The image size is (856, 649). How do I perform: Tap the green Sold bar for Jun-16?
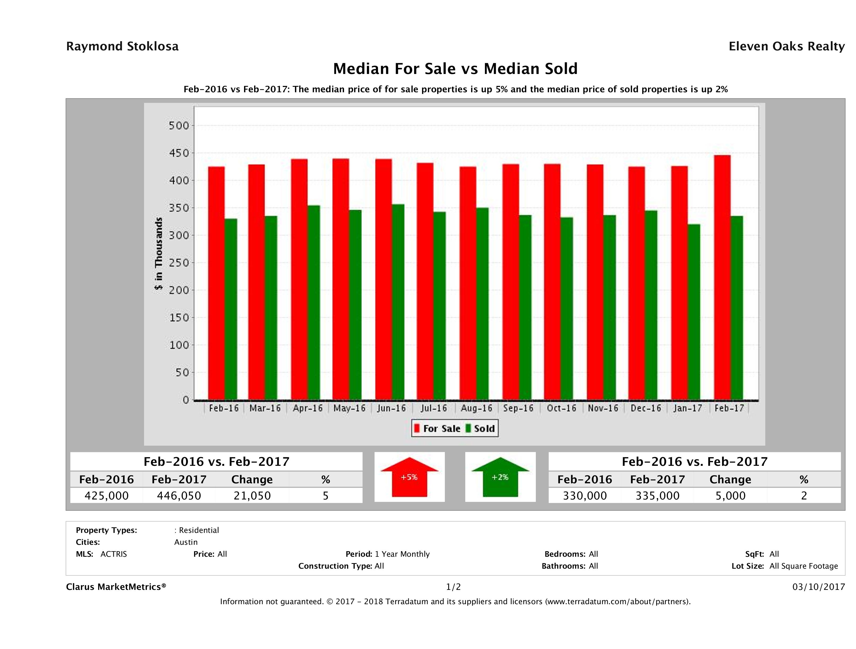[x=398, y=302]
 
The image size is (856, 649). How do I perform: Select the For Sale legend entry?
[x=437, y=428]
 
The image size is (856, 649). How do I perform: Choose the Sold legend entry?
[x=481, y=428]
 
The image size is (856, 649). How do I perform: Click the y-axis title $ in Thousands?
[x=159, y=253]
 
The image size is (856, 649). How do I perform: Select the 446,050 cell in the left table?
[x=179, y=496]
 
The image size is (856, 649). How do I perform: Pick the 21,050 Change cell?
[x=252, y=496]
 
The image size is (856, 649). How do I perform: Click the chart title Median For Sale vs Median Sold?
[x=455, y=69]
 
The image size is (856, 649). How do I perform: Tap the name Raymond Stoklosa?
[x=122, y=46]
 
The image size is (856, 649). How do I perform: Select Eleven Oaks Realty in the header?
[x=786, y=46]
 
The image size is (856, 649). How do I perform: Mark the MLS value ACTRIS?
[x=113, y=554]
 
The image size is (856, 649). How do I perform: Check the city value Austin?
[x=186, y=542]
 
